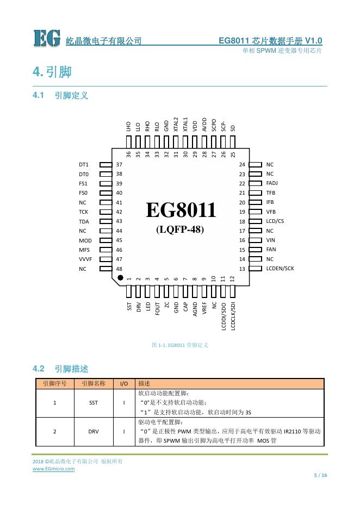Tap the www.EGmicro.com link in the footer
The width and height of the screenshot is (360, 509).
[x=54, y=469]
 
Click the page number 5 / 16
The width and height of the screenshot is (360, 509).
[x=321, y=475]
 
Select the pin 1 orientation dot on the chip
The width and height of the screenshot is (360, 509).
[x=120, y=278]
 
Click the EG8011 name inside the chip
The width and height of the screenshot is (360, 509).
[x=181, y=210]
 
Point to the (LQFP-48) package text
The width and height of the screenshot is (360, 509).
[x=180, y=229]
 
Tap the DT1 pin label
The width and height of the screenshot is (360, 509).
[x=84, y=164]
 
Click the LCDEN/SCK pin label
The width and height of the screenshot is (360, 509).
[x=280, y=269]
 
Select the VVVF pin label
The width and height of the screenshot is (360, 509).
[x=85, y=259]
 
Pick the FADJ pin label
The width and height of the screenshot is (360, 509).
[x=272, y=183]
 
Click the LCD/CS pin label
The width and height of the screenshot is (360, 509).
[x=275, y=221]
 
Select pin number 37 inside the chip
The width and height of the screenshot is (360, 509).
[x=120, y=164]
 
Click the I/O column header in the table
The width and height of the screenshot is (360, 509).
[x=124, y=383]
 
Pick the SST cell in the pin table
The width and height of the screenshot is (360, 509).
[x=94, y=403]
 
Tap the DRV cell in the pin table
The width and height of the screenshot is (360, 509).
[x=94, y=432]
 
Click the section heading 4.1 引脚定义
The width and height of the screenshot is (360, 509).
[x=61, y=96]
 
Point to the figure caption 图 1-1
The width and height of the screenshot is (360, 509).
[x=180, y=345]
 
